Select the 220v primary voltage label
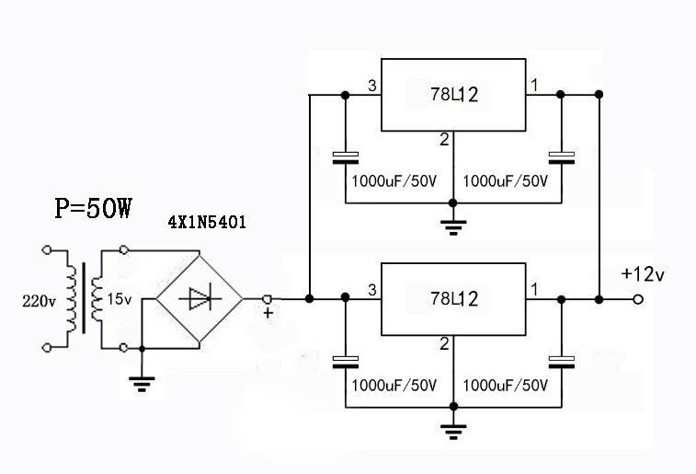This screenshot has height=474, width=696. (39, 299)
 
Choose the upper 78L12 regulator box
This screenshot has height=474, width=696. (453, 94)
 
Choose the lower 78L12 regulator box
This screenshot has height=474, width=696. (453, 298)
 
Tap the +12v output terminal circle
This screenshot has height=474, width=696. (638, 299)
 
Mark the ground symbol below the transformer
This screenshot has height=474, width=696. (141, 385)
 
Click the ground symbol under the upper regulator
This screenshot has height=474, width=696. (453, 226)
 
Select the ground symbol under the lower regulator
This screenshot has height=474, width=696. (453, 429)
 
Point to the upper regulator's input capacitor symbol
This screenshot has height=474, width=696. (346, 157)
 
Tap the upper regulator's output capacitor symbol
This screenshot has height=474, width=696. (560, 157)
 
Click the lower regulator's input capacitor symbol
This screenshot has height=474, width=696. (346, 360)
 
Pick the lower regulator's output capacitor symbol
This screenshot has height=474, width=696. (560, 360)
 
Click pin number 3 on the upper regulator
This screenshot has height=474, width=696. (371, 87)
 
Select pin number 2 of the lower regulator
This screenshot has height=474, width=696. (444, 344)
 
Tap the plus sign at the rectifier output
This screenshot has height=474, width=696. (268, 313)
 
